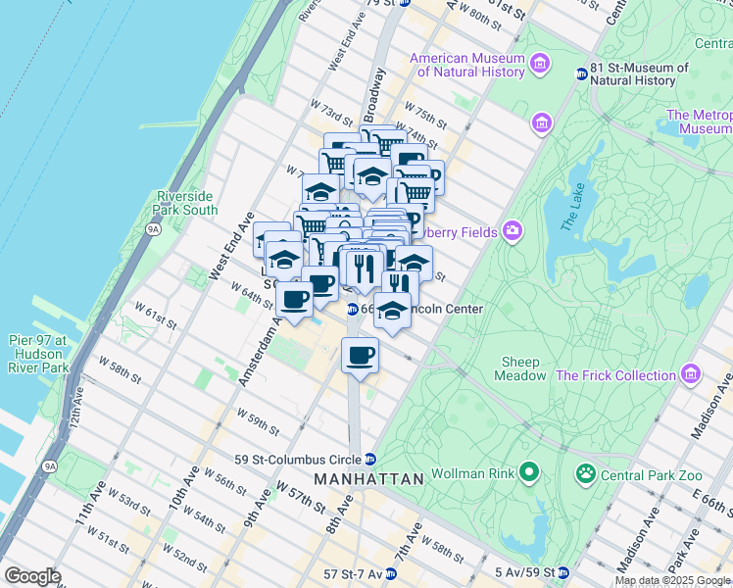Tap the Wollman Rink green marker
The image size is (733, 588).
point(529,474)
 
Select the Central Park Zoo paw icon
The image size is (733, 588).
point(586,474)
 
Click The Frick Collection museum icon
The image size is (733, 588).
point(692,374)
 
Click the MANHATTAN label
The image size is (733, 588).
point(368,479)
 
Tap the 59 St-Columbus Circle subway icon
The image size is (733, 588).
point(369,459)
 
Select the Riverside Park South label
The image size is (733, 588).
point(186,203)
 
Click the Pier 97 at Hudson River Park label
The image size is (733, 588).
point(34,354)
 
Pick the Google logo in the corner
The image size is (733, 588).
point(32,576)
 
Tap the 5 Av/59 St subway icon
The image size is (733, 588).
point(563,572)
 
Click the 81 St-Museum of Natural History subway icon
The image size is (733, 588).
point(580,73)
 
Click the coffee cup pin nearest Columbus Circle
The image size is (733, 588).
point(360,355)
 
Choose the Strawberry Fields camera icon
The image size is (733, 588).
point(513,231)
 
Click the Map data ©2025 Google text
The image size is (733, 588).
point(673,580)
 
